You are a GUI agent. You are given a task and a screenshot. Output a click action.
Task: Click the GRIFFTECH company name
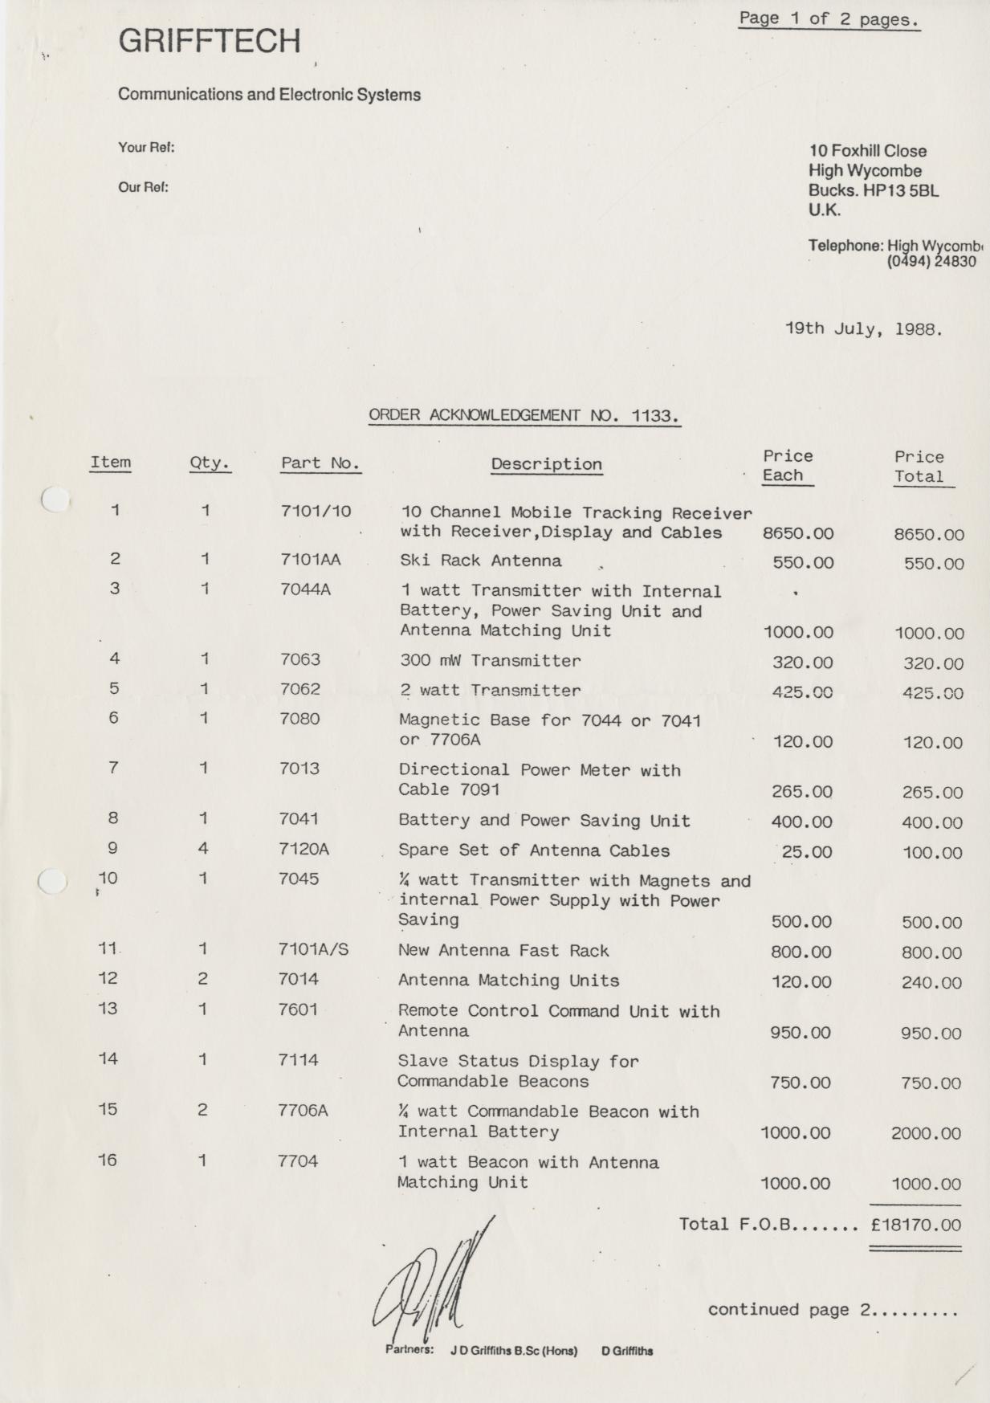click(x=210, y=41)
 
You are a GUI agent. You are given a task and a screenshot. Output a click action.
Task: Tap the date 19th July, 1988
click(x=863, y=328)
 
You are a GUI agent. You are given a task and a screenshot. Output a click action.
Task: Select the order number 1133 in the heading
click(x=654, y=415)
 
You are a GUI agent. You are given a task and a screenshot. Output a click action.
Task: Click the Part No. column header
click(x=320, y=463)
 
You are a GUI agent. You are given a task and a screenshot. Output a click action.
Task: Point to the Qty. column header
click(x=210, y=463)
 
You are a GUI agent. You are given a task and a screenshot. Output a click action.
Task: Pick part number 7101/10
click(x=316, y=511)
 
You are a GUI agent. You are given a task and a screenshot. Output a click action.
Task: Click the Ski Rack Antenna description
click(x=480, y=561)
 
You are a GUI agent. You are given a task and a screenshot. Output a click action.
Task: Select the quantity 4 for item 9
click(x=203, y=848)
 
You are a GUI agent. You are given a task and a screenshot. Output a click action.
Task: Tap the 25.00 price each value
click(x=806, y=852)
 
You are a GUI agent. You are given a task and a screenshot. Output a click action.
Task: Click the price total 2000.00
click(x=926, y=1134)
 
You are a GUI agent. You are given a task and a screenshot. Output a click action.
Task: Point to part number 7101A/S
click(x=313, y=949)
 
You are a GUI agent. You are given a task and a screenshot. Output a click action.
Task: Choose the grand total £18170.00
click(x=915, y=1225)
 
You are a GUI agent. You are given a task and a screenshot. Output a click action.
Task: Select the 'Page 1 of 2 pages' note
click(x=829, y=18)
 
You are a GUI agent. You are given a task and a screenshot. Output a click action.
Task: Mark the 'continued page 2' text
click(x=832, y=1310)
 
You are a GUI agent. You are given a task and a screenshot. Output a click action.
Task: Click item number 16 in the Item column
click(x=108, y=1160)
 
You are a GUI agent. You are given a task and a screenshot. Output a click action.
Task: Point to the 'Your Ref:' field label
click(x=146, y=148)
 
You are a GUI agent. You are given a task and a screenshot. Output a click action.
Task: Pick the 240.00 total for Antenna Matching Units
click(x=931, y=982)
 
